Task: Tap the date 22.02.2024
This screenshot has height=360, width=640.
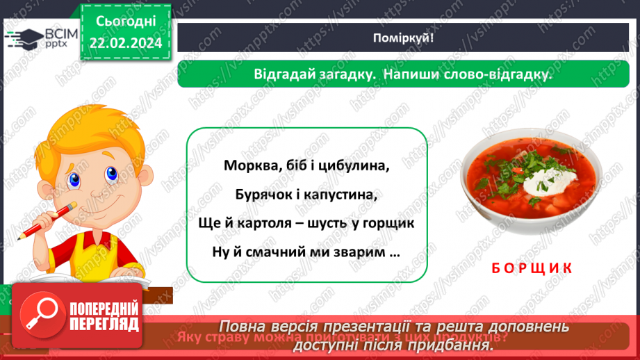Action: [x=124, y=42]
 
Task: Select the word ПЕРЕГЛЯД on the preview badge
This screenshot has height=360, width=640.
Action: [x=104, y=324]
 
